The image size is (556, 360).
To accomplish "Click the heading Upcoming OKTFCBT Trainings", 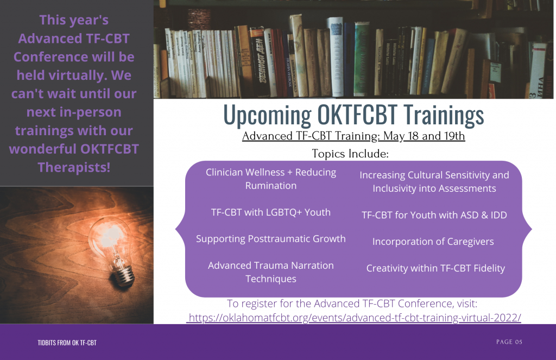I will coord(353,115).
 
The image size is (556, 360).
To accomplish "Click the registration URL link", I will coord(353,318).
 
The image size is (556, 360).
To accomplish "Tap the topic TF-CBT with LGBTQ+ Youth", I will coord(270,212).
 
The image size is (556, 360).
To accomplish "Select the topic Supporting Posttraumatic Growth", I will coord(270,239).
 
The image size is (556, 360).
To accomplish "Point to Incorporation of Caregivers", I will coord(433,242).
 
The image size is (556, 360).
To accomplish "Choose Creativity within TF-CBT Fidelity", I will coord(435,268).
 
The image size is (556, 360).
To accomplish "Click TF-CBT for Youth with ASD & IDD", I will coord(434,215).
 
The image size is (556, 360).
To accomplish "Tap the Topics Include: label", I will coord(350,154).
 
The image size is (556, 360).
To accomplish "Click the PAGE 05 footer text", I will coord(509,342).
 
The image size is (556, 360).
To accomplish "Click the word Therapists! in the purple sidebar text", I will coord(74,167).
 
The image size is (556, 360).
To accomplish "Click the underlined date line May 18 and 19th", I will coord(353,136).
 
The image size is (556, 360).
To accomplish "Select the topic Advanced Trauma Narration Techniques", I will coord(270,272).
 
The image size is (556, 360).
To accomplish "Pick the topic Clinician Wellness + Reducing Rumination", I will coord(270,179).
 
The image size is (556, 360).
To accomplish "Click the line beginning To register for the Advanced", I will coord(352,304).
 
